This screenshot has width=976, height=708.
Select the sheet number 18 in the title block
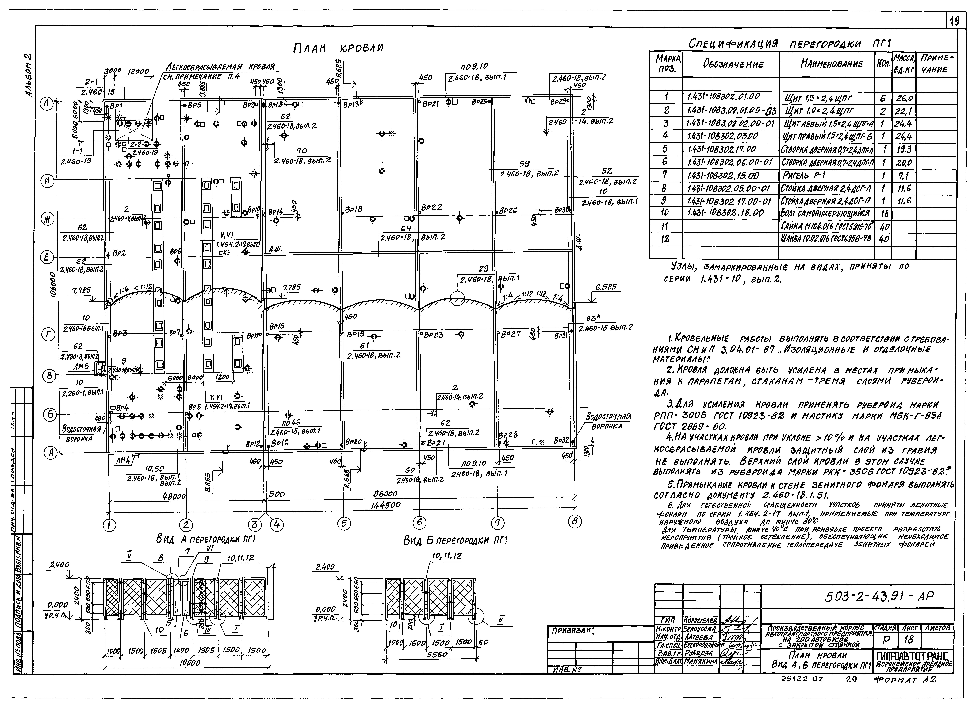908,640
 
